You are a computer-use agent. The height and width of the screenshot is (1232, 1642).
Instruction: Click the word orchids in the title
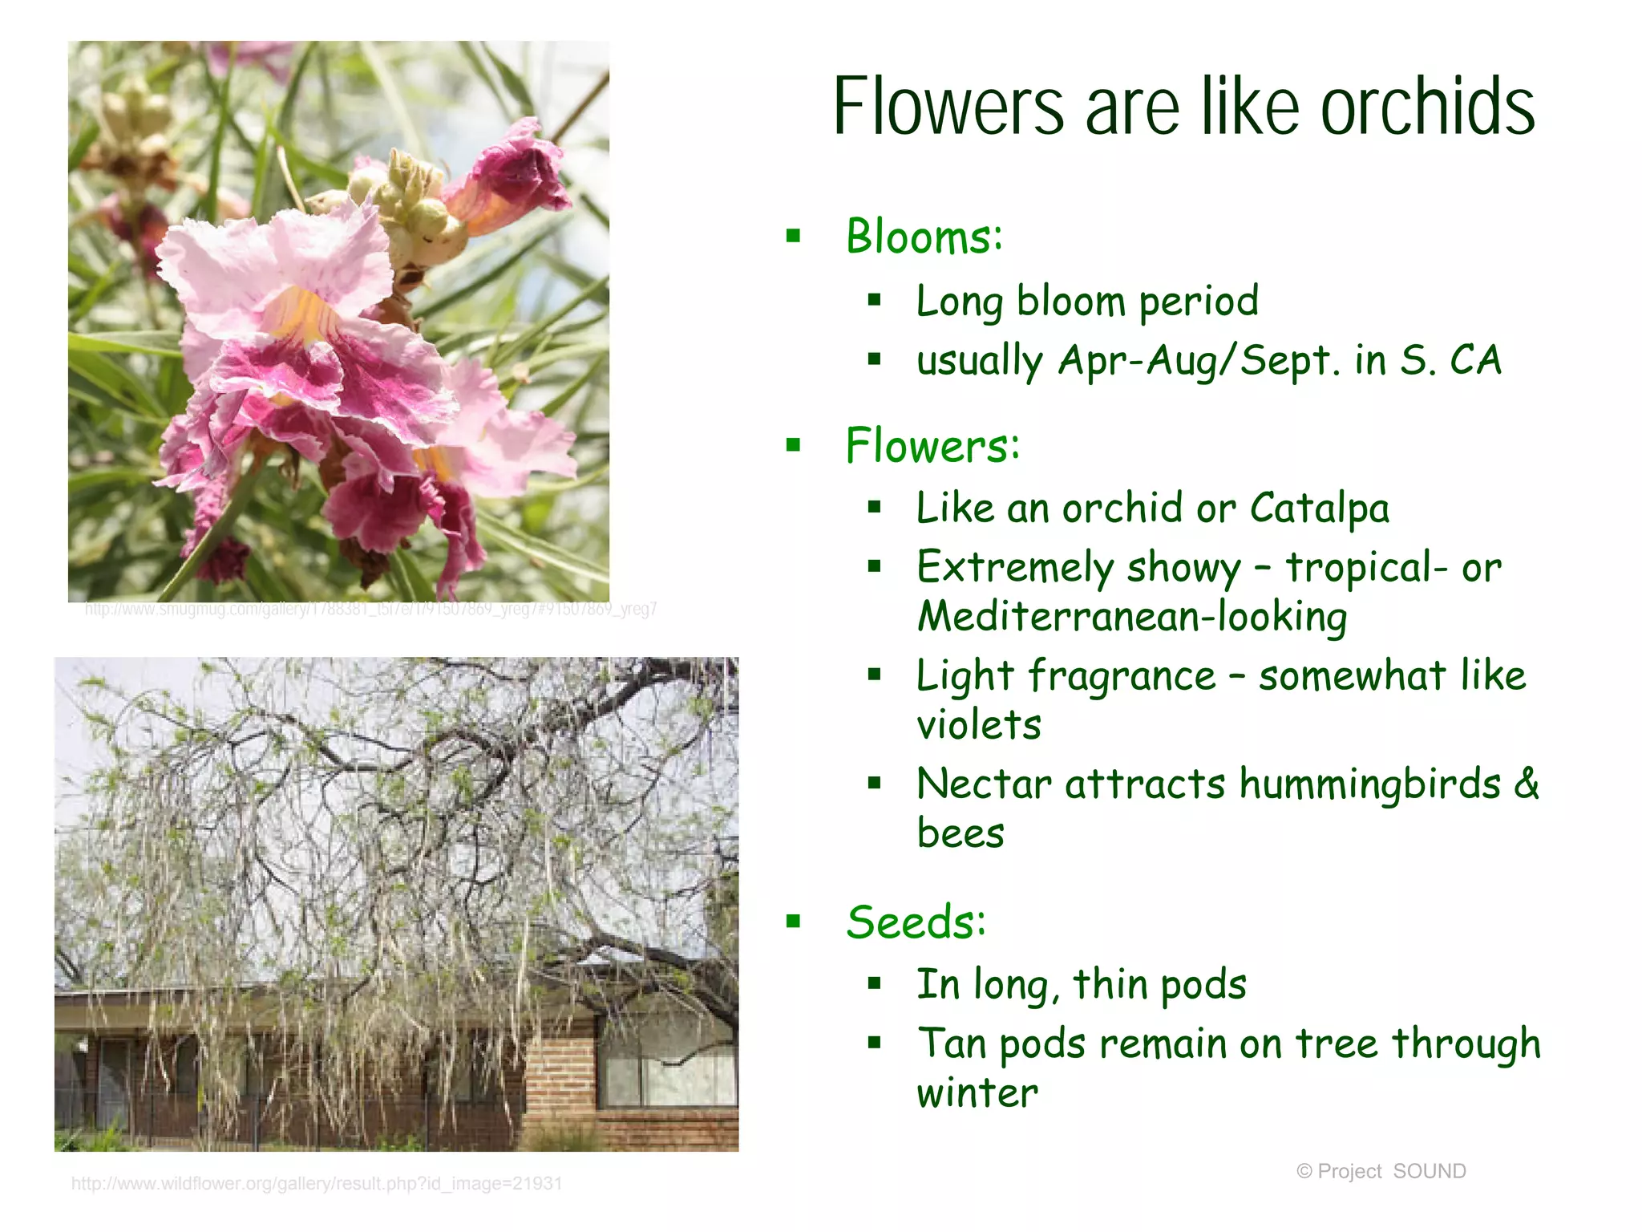point(1427,107)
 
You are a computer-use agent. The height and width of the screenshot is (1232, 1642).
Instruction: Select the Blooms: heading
point(924,237)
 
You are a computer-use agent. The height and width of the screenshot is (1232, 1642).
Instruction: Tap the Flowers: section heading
point(932,446)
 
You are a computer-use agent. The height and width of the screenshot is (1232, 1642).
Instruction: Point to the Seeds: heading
point(916,922)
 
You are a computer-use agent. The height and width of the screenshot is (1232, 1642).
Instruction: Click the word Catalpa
point(1319,509)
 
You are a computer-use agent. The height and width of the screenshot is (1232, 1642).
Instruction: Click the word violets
point(978,725)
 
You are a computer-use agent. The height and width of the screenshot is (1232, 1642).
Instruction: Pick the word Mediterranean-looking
point(1132,617)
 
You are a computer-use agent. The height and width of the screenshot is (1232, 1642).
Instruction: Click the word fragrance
point(1122,675)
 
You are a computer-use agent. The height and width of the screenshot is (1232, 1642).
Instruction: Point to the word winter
point(977,1093)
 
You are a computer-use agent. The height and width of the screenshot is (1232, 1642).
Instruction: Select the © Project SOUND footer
point(1381,1171)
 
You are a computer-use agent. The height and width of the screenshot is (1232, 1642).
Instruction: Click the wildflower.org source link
point(317,1184)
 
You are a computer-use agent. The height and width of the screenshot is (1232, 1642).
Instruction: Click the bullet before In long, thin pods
point(874,983)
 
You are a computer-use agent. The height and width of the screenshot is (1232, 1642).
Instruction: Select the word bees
point(960,833)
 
